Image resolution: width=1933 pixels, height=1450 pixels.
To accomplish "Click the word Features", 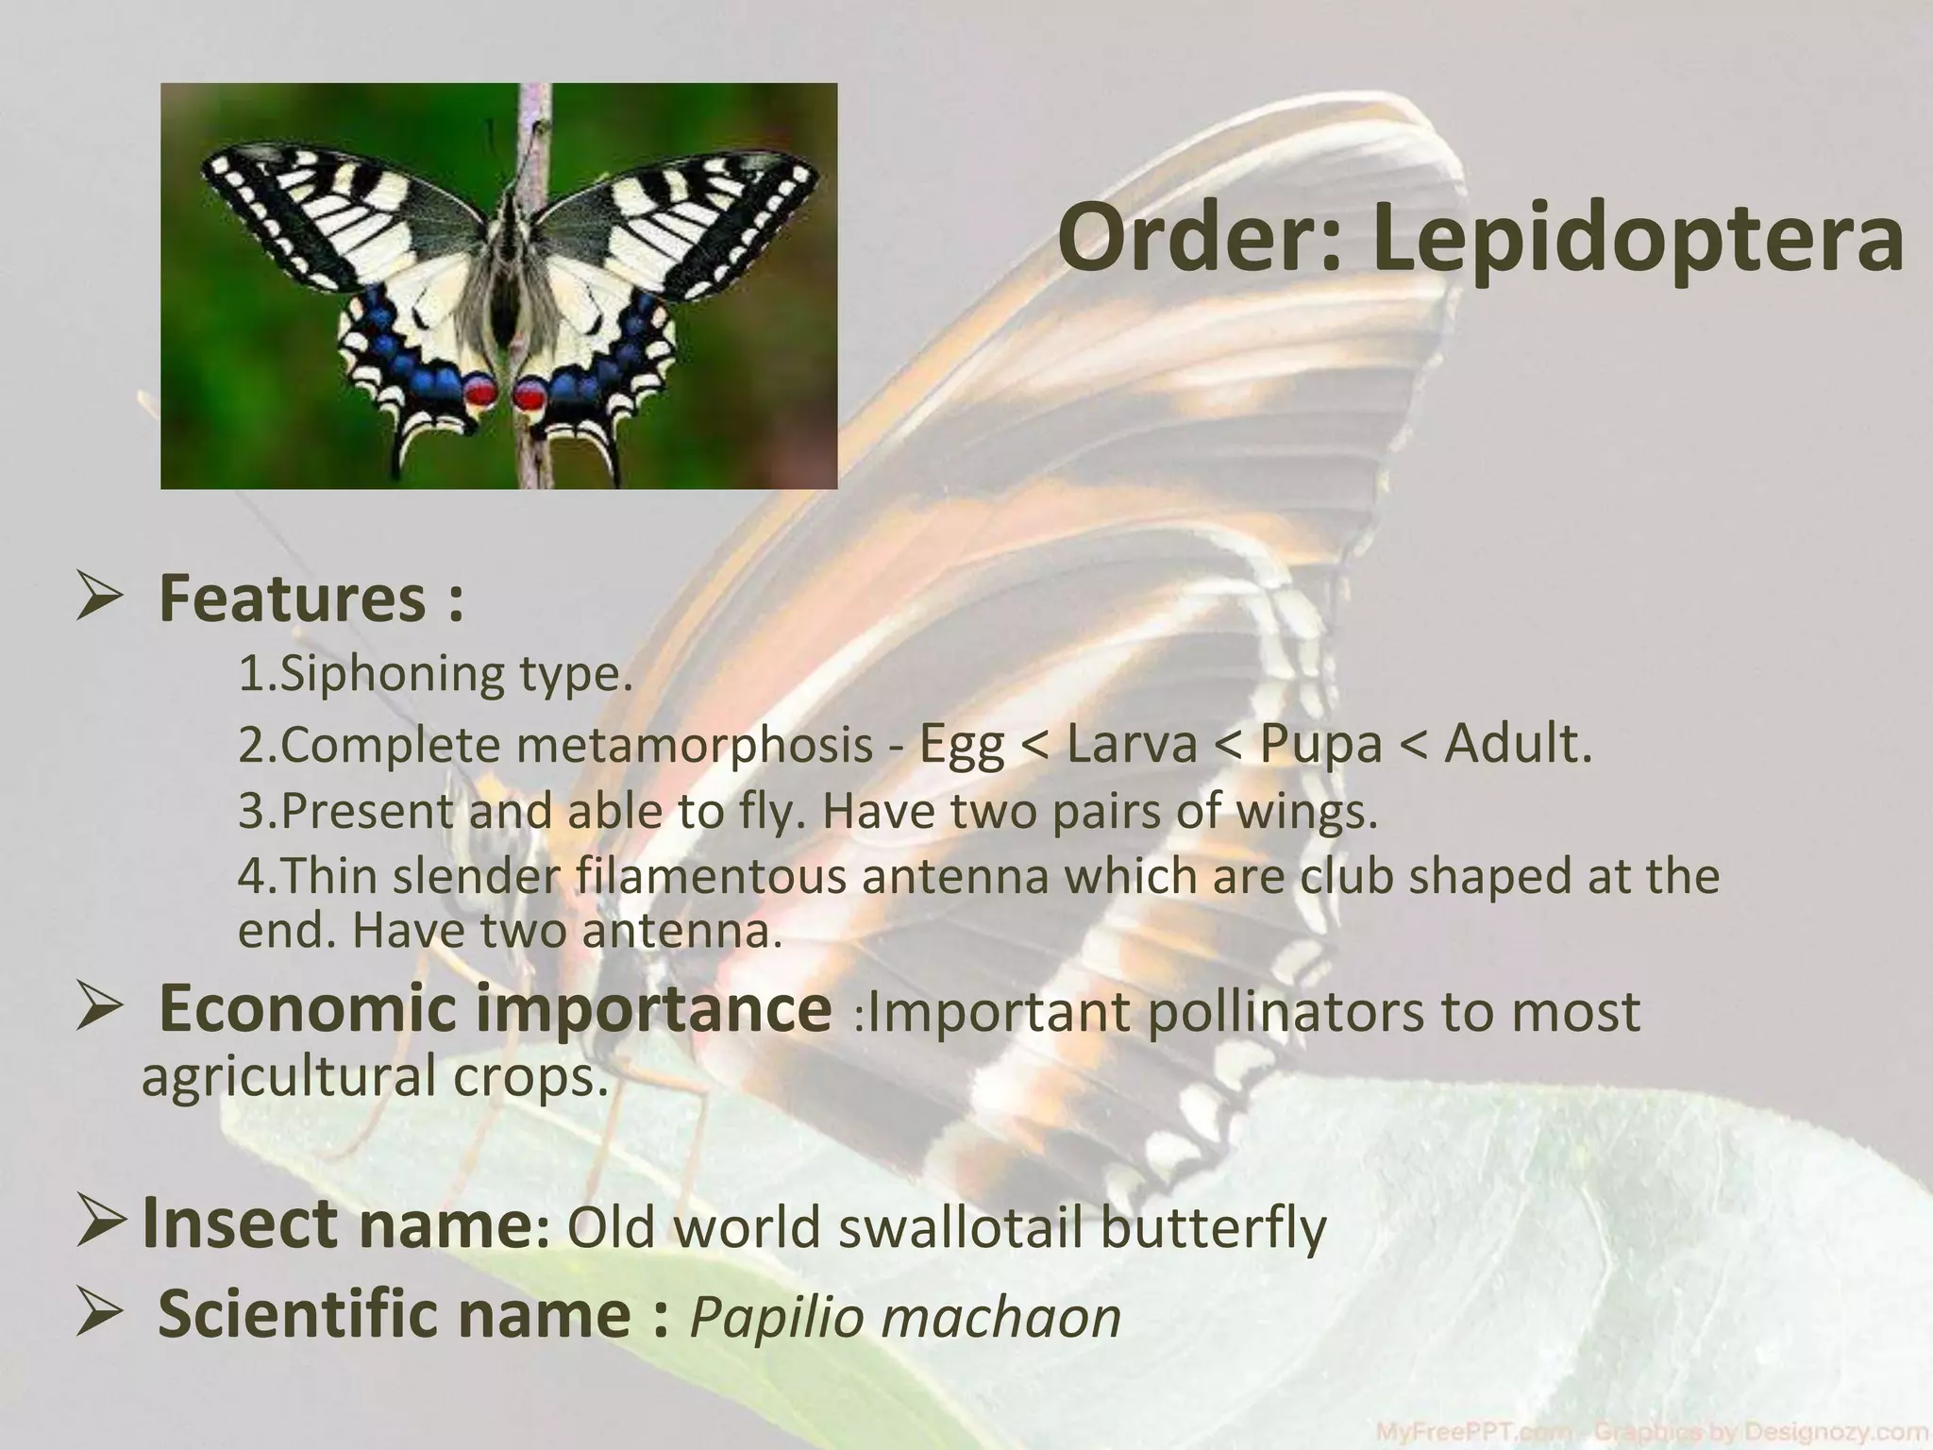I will [293, 599].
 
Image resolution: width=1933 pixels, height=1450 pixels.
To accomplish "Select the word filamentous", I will [712, 877].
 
